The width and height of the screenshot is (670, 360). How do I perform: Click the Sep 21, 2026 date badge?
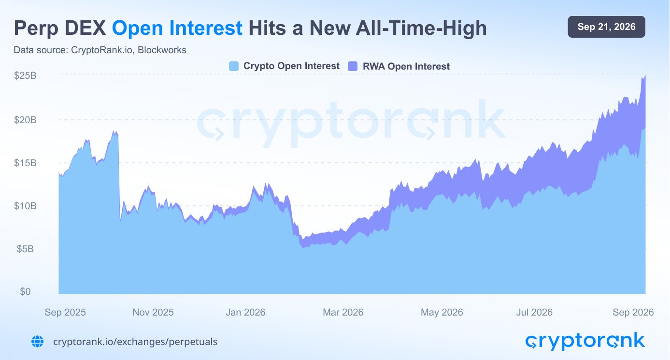(606, 27)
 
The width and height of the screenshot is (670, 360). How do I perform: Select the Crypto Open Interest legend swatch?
(234, 66)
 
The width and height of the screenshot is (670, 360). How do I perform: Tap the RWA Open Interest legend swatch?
(353, 66)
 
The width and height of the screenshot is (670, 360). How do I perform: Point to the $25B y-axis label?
(25, 75)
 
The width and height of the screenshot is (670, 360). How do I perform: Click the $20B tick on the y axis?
(25, 120)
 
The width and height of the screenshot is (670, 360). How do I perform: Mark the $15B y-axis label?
(25, 163)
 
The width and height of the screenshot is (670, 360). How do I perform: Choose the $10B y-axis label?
(25, 206)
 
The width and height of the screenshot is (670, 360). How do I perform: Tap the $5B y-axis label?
(25, 249)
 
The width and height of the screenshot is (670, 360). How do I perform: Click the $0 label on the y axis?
(25, 291)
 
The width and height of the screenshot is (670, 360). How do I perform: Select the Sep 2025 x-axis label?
(65, 313)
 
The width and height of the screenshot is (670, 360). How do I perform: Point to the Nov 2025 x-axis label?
(153, 313)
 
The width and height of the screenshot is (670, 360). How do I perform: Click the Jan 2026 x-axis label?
(245, 313)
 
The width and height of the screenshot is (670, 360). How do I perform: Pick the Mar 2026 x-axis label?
(343, 313)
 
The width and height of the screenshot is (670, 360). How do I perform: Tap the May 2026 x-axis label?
(442, 313)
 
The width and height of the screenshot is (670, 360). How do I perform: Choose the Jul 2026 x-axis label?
(534, 313)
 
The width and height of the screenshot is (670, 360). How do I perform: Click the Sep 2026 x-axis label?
(633, 313)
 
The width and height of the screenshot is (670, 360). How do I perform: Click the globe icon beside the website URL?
(37, 342)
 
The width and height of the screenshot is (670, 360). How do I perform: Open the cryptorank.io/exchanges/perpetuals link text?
(135, 342)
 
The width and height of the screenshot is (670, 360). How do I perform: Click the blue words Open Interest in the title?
(177, 28)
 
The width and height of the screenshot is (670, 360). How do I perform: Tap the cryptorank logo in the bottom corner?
(585, 342)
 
